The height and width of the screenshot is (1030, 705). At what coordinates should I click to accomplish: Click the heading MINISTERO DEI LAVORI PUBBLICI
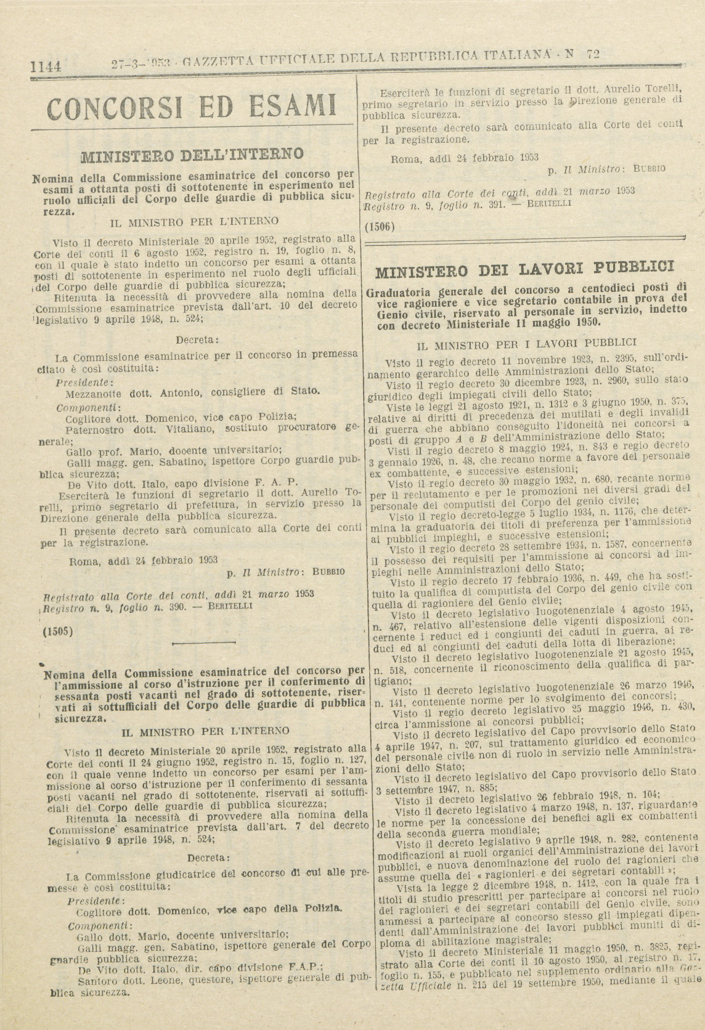tap(524, 269)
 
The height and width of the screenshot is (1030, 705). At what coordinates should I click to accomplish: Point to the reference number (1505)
tap(59, 631)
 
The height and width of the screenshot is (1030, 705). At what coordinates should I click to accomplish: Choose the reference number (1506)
tap(380, 226)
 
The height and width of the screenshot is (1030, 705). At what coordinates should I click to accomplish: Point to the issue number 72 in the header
tap(593, 54)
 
